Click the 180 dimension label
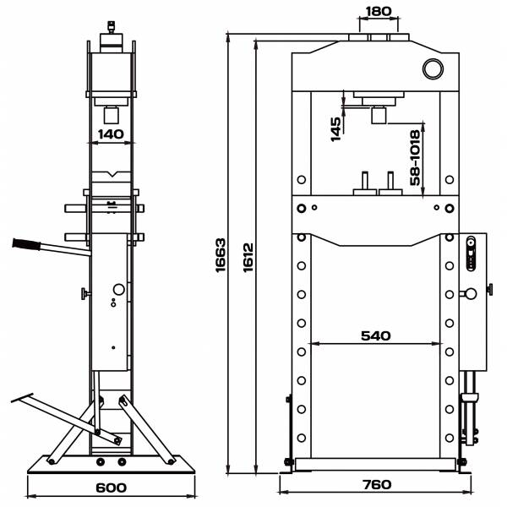point(378,11)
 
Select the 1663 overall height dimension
point(221,255)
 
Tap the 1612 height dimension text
point(248,258)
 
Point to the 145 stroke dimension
point(335,129)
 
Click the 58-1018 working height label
point(415,157)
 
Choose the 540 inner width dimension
point(376,336)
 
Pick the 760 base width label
point(377,485)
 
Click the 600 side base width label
point(111,488)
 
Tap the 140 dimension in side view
point(111,134)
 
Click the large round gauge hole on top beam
point(433,68)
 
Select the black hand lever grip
point(26,244)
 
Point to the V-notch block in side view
point(112,177)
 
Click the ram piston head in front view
point(379,116)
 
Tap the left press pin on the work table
point(365,183)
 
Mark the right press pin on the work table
point(390,183)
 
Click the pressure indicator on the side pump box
point(472,253)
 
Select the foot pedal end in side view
point(22,398)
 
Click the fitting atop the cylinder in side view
point(112,27)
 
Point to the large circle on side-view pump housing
point(118,289)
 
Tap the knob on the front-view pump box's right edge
point(490,289)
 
